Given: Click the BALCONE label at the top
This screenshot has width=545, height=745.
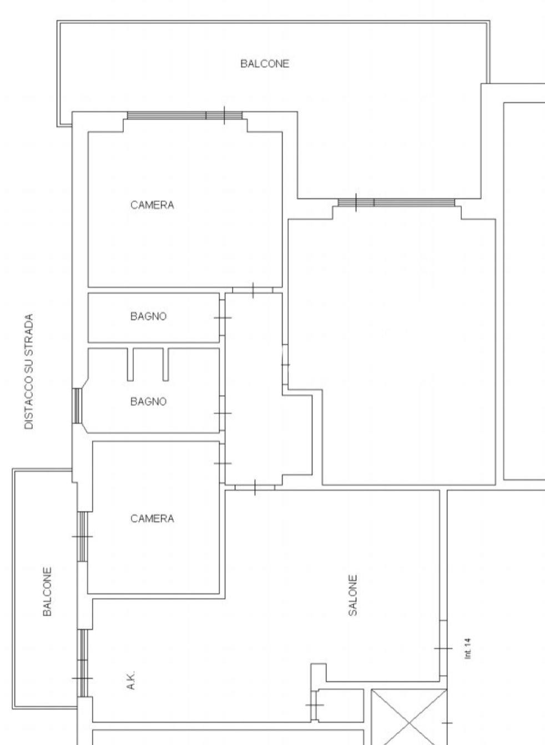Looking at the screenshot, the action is point(265,63).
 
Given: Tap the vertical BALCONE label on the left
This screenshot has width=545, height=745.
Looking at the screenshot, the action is point(47,592).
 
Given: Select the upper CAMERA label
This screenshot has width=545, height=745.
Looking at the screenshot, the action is point(152,205).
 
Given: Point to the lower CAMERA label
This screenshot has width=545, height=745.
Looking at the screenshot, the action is point(152,519).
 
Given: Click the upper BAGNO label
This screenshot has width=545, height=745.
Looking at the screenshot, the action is point(148,316).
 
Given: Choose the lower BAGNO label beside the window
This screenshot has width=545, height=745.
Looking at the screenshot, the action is point(148,401).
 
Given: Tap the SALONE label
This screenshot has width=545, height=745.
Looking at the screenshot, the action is point(352,596).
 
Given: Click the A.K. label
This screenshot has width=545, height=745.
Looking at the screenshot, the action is point(132,680).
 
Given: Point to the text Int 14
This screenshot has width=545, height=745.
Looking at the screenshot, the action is point(467,648).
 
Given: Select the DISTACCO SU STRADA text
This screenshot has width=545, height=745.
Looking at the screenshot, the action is point(29,371).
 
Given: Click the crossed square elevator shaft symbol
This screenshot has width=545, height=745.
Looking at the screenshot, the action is point(409,717).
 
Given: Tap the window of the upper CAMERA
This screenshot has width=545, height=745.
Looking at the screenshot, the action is point(185,115).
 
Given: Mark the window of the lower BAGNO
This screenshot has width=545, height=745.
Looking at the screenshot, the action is point(77,406).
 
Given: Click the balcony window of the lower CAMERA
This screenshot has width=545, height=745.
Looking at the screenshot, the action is point(83,536).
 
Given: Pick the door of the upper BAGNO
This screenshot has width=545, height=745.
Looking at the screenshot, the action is point(222,318).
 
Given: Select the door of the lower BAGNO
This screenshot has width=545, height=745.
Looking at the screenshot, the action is point(222,413).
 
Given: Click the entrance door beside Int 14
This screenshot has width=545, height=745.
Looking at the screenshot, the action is point(443,648).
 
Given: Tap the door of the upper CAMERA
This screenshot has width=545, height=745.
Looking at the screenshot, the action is point(253,290).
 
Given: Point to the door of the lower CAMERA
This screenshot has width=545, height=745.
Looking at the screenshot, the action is point(222,464).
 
